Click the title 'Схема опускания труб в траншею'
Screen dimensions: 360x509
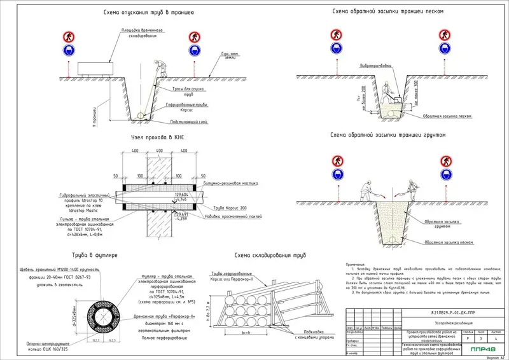coord(144,12)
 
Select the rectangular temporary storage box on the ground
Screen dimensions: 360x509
coord(95,67)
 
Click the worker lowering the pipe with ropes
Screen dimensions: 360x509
coord(160,69)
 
